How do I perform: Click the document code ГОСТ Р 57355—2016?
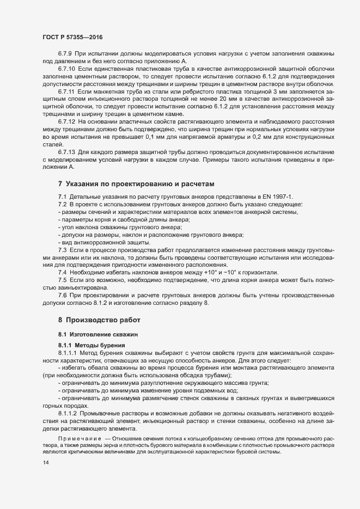coord(72,37)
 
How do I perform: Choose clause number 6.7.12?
coord(66,121)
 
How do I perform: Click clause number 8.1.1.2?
coord(68,414)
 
